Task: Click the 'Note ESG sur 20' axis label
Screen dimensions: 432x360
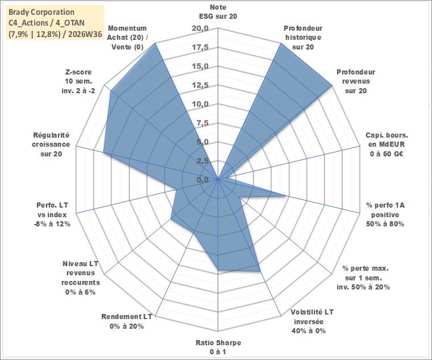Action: [x=218, y=11]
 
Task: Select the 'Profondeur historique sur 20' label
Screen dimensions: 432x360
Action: [x=303, y=38]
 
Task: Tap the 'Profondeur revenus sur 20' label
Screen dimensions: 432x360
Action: [x=356, y=81]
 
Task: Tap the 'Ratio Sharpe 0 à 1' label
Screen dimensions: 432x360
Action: [x=218, y=347]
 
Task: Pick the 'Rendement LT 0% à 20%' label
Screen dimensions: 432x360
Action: [x=127, y=321]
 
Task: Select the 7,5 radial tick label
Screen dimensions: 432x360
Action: [x=203, y=123]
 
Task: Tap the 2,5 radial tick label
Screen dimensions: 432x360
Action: [x=203, y=161]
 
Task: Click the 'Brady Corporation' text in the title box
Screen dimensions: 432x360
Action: [x=41, y=12]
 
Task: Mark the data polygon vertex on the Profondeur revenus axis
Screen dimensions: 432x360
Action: [x=333, y=86]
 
